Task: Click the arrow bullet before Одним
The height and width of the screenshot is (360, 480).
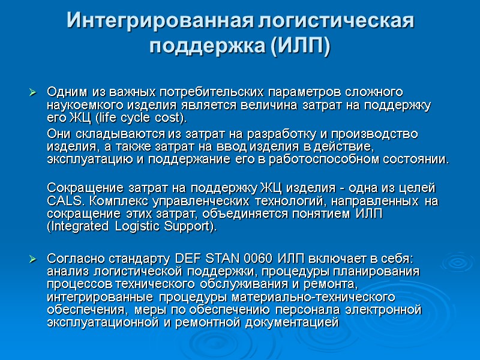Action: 33,93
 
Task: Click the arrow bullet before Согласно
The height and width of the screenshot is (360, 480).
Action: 33,259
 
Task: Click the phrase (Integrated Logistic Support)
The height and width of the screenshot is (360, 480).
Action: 131,227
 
